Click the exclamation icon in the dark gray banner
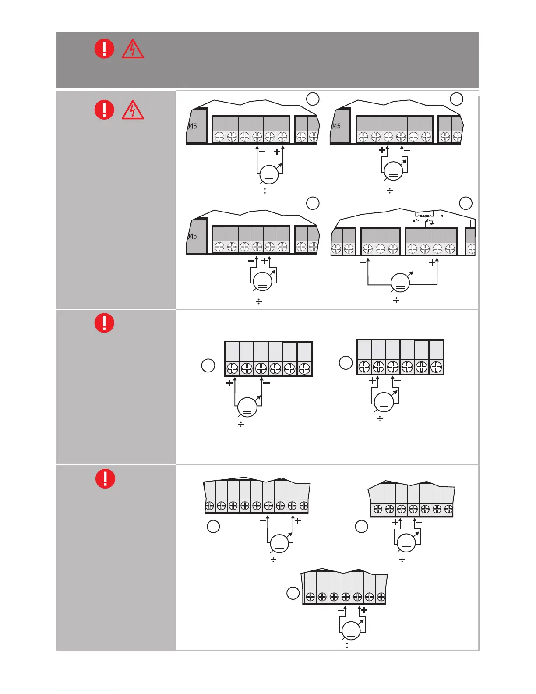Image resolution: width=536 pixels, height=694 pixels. (104, 48)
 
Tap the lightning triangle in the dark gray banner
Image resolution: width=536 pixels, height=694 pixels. (132, 49)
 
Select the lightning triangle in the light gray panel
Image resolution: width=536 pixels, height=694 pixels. (132, 110)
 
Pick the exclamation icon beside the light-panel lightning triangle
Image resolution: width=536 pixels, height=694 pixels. (104, 110)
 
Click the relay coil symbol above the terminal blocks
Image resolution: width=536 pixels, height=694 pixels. (423, 216)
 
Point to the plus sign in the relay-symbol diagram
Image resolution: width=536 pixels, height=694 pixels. (433, 262)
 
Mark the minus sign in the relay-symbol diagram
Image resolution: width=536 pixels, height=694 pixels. (363, 262)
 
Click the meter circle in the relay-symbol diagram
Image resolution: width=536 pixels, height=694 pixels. (400, 283)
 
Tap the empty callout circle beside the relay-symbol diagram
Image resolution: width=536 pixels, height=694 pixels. (465, 203)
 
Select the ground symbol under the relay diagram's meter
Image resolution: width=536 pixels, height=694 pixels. (396, 300)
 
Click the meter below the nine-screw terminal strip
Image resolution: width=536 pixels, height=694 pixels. (279, 544)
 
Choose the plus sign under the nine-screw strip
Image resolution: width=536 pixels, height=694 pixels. (298, 521)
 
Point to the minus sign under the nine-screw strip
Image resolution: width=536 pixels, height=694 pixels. (263, 521)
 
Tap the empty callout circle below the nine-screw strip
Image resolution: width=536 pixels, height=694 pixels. (213, 526)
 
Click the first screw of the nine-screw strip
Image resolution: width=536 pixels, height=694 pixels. (210, 506)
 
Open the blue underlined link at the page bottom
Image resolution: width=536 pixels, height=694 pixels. (87, 690)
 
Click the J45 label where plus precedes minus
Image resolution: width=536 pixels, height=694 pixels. (336, 126)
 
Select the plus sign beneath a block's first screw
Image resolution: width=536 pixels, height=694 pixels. (229, 383)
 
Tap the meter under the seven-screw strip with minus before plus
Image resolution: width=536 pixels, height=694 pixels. (351, 631)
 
